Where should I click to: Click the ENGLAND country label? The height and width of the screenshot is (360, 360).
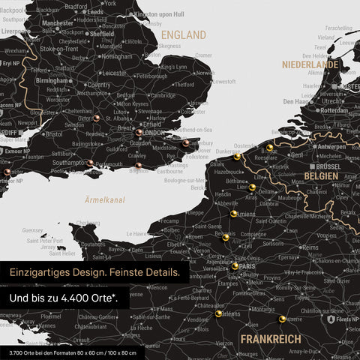coord(184,35)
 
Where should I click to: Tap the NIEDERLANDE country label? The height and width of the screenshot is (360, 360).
coord(310,65)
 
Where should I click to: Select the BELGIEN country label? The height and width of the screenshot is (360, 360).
coord(320,176)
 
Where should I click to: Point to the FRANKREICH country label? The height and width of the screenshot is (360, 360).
coord(271,339)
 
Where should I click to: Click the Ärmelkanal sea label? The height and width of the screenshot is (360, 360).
coord(105,200)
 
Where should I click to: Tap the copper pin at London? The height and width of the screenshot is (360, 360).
coord(139,132)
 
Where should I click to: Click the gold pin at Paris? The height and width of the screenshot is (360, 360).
coord(235,265)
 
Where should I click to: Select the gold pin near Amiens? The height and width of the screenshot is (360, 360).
coord(233,213)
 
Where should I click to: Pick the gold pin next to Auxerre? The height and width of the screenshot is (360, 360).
coord(282,319)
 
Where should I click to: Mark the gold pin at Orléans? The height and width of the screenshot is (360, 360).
coord(218,314)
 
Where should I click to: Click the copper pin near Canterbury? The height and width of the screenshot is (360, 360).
coord(185,142)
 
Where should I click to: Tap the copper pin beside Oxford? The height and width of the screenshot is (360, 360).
coord(96,118)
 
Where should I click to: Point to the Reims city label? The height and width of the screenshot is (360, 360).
coord(309,247)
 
